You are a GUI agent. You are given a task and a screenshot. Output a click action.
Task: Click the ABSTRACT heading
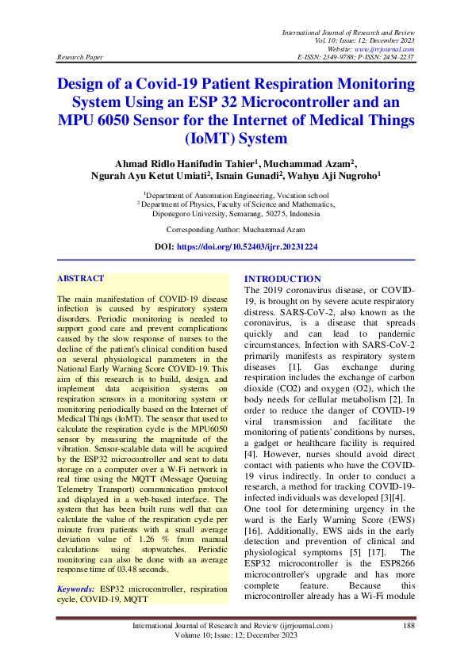pos(81,279)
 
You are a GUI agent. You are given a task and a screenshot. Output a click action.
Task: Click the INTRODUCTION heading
pos(282,279)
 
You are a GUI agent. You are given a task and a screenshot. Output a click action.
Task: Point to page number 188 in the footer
pos(409,626)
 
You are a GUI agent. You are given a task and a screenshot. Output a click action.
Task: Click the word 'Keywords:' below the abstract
pos(77,590)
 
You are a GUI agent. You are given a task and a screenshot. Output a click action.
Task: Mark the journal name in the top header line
pos(349,30)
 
